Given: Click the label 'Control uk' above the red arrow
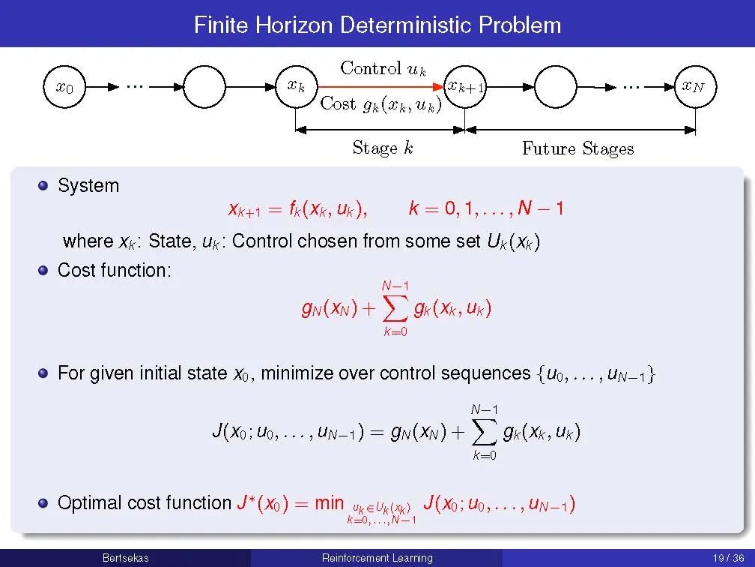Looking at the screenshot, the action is tap(383, 68).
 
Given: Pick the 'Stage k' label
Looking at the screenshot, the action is tap(382, 148).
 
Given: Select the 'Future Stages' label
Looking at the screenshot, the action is tap(577, 148).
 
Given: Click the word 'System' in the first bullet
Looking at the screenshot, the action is tap(88, 185).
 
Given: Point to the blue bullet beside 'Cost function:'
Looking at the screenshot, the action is tap(44, 270).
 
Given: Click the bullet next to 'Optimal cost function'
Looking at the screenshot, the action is tap(44, 502).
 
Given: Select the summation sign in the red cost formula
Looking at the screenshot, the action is tap(395, 307).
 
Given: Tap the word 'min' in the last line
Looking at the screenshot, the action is tap(329, 502).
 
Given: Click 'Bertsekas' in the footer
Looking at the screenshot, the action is tap(125, 558).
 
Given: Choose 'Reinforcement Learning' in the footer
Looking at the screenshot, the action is tap(377, 558).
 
